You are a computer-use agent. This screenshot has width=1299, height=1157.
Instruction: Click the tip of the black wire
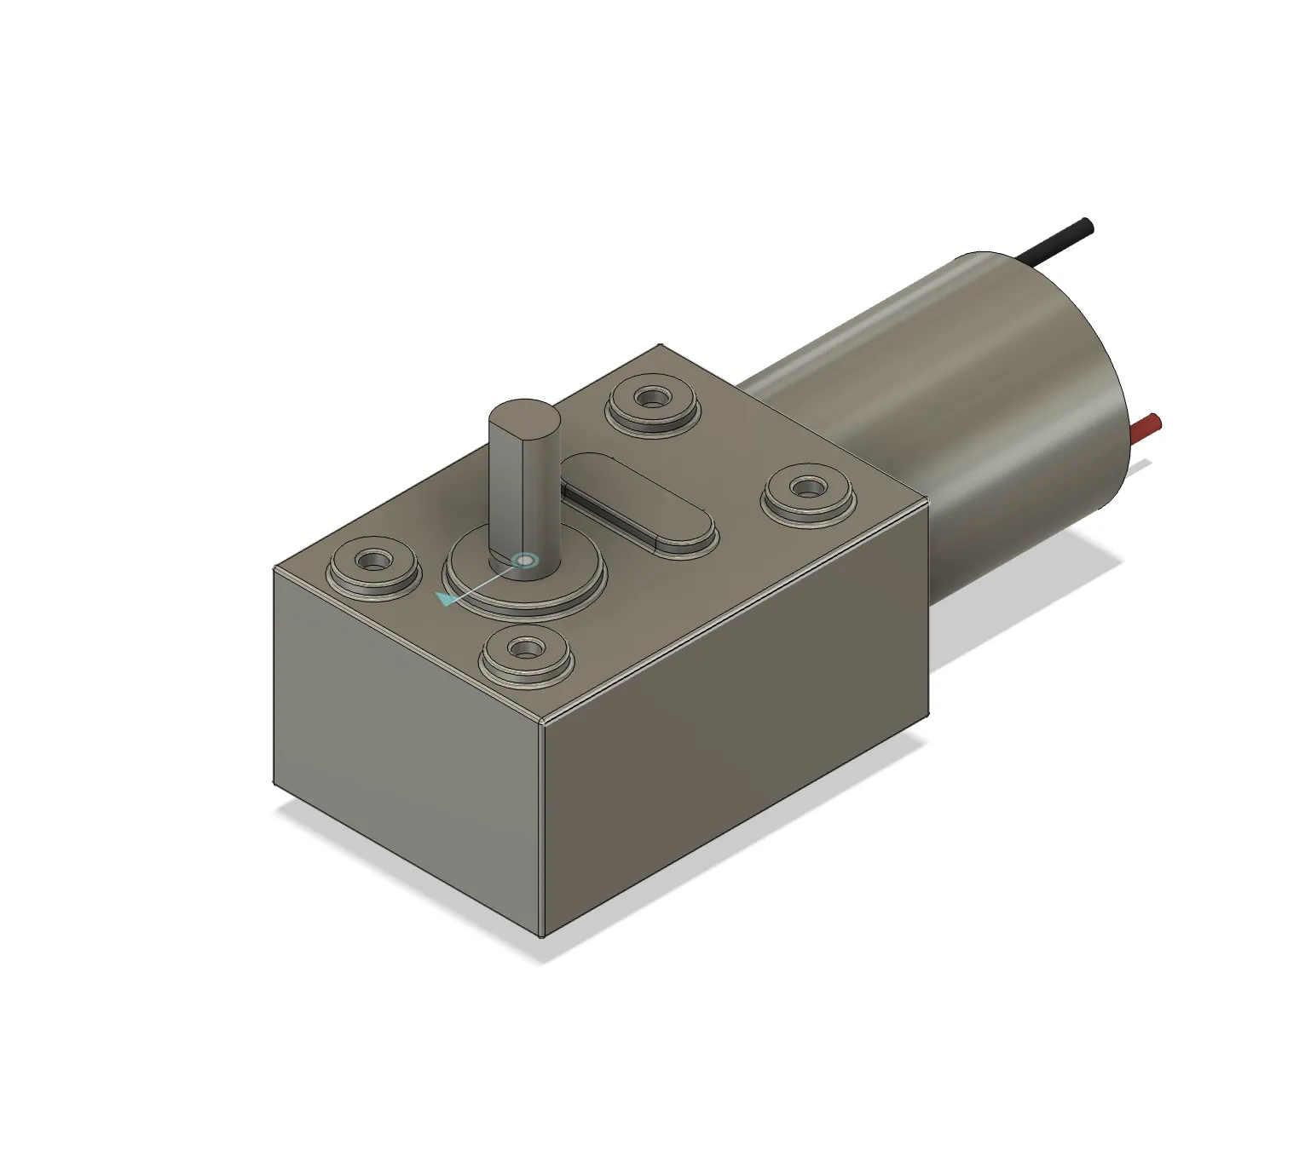(1085, 225)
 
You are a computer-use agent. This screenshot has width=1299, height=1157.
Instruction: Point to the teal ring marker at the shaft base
(525, 560)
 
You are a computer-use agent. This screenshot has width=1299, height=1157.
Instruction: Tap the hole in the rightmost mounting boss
(805, 487)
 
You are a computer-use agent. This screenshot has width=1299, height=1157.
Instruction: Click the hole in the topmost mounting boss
(652, 397)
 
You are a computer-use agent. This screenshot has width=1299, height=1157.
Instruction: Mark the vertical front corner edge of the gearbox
(543, 826)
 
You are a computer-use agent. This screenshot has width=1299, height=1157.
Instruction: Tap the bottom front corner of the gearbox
(543, 935)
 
